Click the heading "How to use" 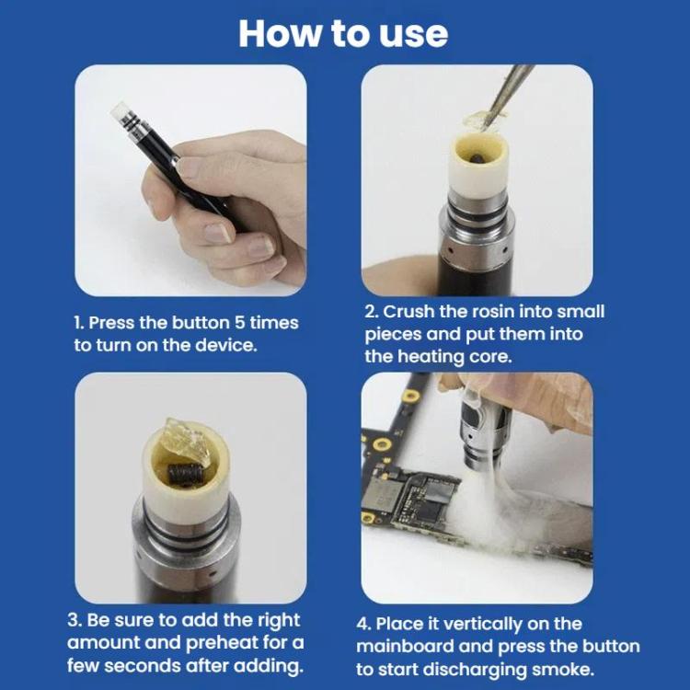343,33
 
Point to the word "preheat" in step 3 229,642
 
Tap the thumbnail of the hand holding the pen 190,179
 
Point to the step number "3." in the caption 80,620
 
